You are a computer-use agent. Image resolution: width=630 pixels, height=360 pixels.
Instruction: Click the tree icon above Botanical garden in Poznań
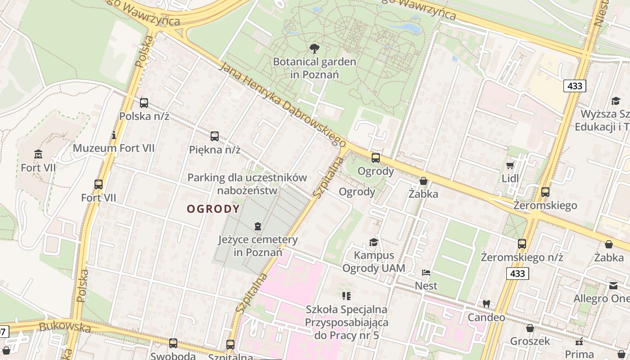click(314, 48)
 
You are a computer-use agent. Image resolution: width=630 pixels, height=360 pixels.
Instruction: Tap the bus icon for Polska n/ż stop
click(144, 103)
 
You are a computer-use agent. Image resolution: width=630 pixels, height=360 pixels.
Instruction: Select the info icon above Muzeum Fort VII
click(114, 135)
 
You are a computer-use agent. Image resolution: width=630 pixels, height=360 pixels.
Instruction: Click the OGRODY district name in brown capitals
click(213, 209)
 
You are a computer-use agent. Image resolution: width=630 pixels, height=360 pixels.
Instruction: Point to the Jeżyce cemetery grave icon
click(257, 226)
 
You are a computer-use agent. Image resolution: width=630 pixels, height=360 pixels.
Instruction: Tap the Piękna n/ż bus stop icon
click(215, 136)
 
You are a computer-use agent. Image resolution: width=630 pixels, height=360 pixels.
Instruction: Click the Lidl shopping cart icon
click(510, 165)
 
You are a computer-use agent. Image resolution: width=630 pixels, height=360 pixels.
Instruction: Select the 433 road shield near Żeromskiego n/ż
click(517, 273)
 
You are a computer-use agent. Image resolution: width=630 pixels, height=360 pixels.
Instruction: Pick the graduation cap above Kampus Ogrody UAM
click(373, 243)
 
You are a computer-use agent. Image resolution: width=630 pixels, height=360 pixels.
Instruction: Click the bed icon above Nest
click(426, 272)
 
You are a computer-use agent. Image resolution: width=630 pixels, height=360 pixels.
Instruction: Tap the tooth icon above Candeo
click(486, 304)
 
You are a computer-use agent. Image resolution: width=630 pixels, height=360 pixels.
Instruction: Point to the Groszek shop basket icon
click(530, 328)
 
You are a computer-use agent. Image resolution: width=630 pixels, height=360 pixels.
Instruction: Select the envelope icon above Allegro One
click(613, 285)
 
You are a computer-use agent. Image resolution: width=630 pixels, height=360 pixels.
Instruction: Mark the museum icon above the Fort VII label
click(38, 154)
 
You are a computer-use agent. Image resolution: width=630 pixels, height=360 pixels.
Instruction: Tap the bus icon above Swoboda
click(173, 343)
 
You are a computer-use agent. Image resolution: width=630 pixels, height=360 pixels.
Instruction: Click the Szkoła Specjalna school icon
click(346, 296)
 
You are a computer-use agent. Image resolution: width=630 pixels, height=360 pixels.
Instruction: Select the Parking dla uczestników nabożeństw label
click(247, 184)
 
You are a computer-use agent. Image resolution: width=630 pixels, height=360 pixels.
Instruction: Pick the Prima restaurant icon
click(579, 341)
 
